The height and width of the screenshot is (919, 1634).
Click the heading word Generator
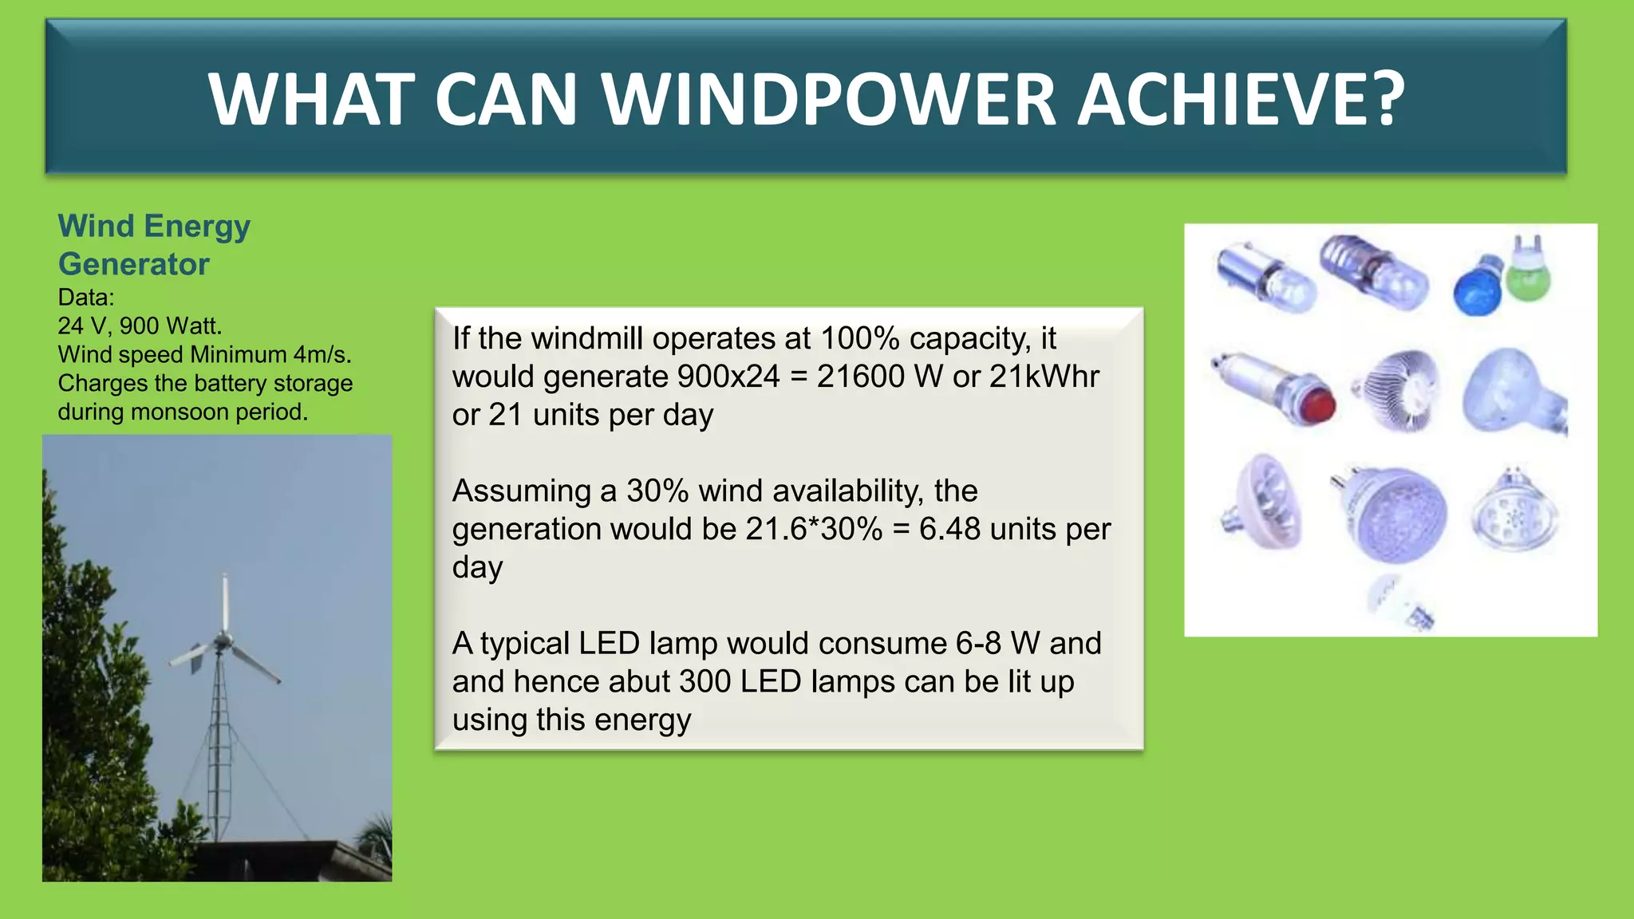coord(133,264)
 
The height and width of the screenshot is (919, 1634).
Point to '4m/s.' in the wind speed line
coord(322,355)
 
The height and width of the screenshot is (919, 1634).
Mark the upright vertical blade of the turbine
coord(225,602)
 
